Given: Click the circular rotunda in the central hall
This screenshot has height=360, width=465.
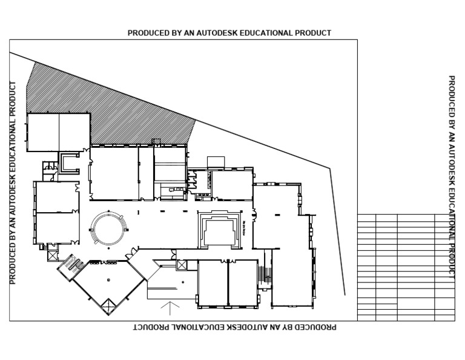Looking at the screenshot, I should tap(109, 228).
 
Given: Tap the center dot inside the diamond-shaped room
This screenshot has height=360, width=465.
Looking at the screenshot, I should tap(108, 279).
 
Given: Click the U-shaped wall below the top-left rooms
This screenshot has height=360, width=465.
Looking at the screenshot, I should tap(69, 162).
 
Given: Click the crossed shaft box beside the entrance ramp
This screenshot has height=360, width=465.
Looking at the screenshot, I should tap(180, 265).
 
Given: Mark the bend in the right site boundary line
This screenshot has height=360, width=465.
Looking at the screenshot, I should tap(330, 169).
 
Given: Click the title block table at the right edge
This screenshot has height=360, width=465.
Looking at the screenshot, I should tap(406, 267).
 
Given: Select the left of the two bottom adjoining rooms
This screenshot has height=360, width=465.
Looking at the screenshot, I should tap(213, 282).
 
